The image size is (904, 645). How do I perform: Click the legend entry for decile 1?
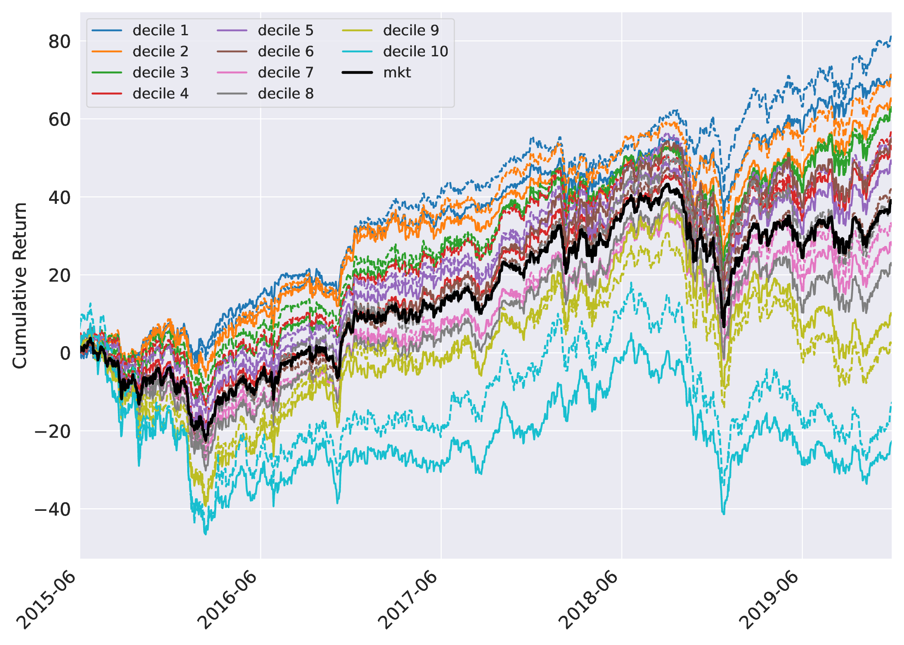pyautogui.click(x=160, y=31)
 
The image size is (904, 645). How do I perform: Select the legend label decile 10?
pyautogui.click(x=415, y=52)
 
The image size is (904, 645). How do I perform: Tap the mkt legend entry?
pyautogui.click(x=397, y=73)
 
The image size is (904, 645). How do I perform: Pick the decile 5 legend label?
pyautogui.click(x=285, y=31)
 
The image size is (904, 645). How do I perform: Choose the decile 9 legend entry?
pyautogui.click(x=411, y=31)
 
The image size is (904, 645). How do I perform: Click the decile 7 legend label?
pyautogui.click(x=285, y=73)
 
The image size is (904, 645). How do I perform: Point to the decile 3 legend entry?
pyautogui.click(x=160, y=73)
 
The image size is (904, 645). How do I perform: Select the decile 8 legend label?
pyautogui.click(x=285, y=94)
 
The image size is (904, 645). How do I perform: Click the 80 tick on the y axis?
pyautogui.click(x=59, y=42)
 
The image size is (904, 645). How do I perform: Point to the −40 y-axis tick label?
pyautogui.click(x=53, y=510)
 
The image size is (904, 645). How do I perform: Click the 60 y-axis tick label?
pyautogui.click(x=59, y=120)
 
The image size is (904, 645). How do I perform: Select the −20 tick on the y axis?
pyautogui.click(x=53, y=431)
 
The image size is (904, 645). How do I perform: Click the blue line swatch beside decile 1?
pyautogui.click(x=107, y=31)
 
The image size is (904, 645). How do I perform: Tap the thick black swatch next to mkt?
pyautogui.click(x=357, y=73)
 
